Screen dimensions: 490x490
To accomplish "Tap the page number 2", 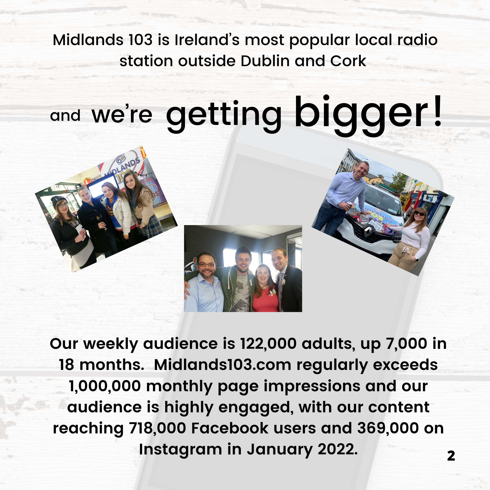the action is [x=451, y=456].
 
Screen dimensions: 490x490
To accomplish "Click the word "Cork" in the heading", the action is [x=348, y=61].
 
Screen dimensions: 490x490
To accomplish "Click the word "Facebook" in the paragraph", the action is [x=230, y=428].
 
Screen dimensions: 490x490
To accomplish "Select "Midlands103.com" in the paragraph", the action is [x=222, y=365].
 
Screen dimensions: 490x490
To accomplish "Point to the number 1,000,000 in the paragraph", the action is [x=105, y=386].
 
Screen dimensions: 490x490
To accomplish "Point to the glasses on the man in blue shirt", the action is [x=207, y=265].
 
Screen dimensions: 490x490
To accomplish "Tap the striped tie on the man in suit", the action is [x=281, y=292].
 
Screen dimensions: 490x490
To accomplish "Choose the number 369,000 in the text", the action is [x=388, y=428].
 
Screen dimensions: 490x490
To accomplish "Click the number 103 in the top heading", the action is [x=140, y=40].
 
